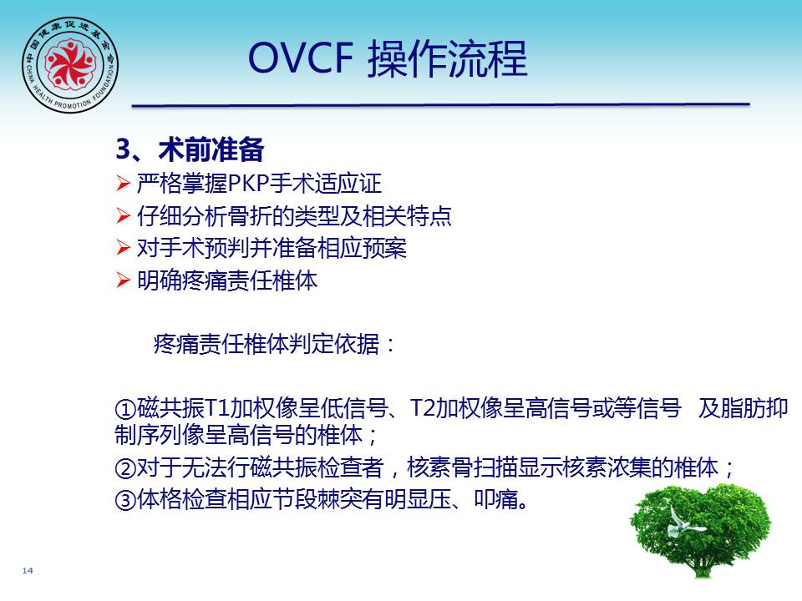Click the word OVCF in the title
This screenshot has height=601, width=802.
tap(301, 58)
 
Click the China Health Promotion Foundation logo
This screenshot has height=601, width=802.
tap(70, 65)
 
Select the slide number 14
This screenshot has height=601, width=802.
tap(28, 570)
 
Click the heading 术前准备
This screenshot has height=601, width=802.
tap(211, 149)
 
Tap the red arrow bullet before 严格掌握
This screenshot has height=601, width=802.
tap(124, 183)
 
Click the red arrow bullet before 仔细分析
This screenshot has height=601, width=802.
tap(124, 215)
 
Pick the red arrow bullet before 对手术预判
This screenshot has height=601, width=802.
tap(124, 248)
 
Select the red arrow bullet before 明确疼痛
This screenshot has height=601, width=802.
tap(124, 280)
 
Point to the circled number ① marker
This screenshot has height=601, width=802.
tap(125, 408)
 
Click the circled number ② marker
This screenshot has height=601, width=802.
tap(125, 467)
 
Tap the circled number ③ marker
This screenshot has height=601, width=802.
tap(125, 499)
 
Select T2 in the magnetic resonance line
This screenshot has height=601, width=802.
tap(423, 408)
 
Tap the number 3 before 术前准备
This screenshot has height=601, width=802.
tap(124, 149)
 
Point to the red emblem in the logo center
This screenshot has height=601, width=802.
tap(70, 64)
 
